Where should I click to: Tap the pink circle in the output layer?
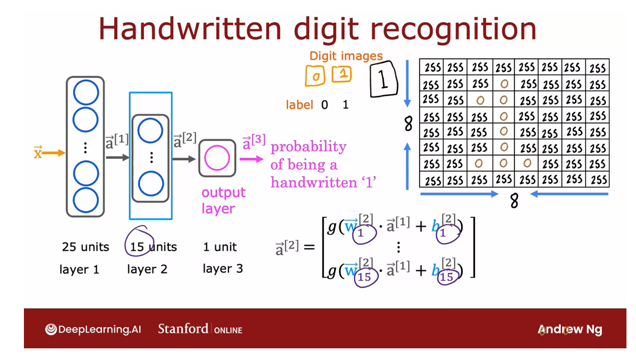pos(217,158)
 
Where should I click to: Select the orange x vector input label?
pos(38,153)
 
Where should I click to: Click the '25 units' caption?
pos(85,247)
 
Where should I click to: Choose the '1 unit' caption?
pos(220,247)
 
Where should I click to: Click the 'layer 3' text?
pos(223,269)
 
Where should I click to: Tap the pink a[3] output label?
pos(253,143)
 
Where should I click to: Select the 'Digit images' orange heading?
pos(346,56)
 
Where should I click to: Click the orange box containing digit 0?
pos(315,76)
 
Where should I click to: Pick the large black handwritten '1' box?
pos(384,80)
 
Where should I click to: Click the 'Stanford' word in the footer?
pos(183,329)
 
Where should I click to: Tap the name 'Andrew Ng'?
pos(570,330)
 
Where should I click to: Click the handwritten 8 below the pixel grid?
pos(514,201)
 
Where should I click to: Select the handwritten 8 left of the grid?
pos(408,124)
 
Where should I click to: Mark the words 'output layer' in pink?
pos(223,200)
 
